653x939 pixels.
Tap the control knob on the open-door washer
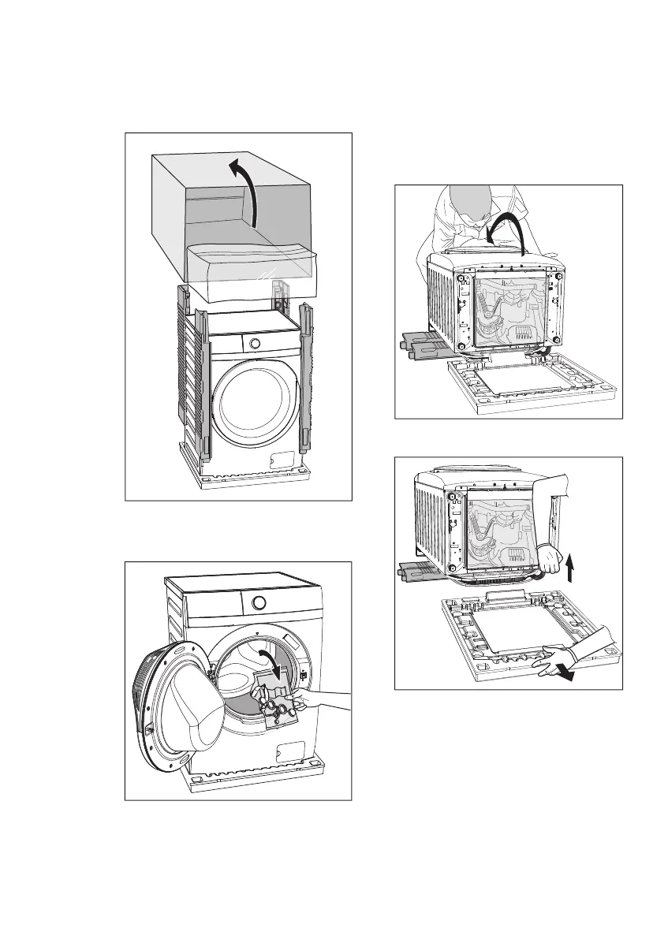pyautogui.click(x=258, y=604)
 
